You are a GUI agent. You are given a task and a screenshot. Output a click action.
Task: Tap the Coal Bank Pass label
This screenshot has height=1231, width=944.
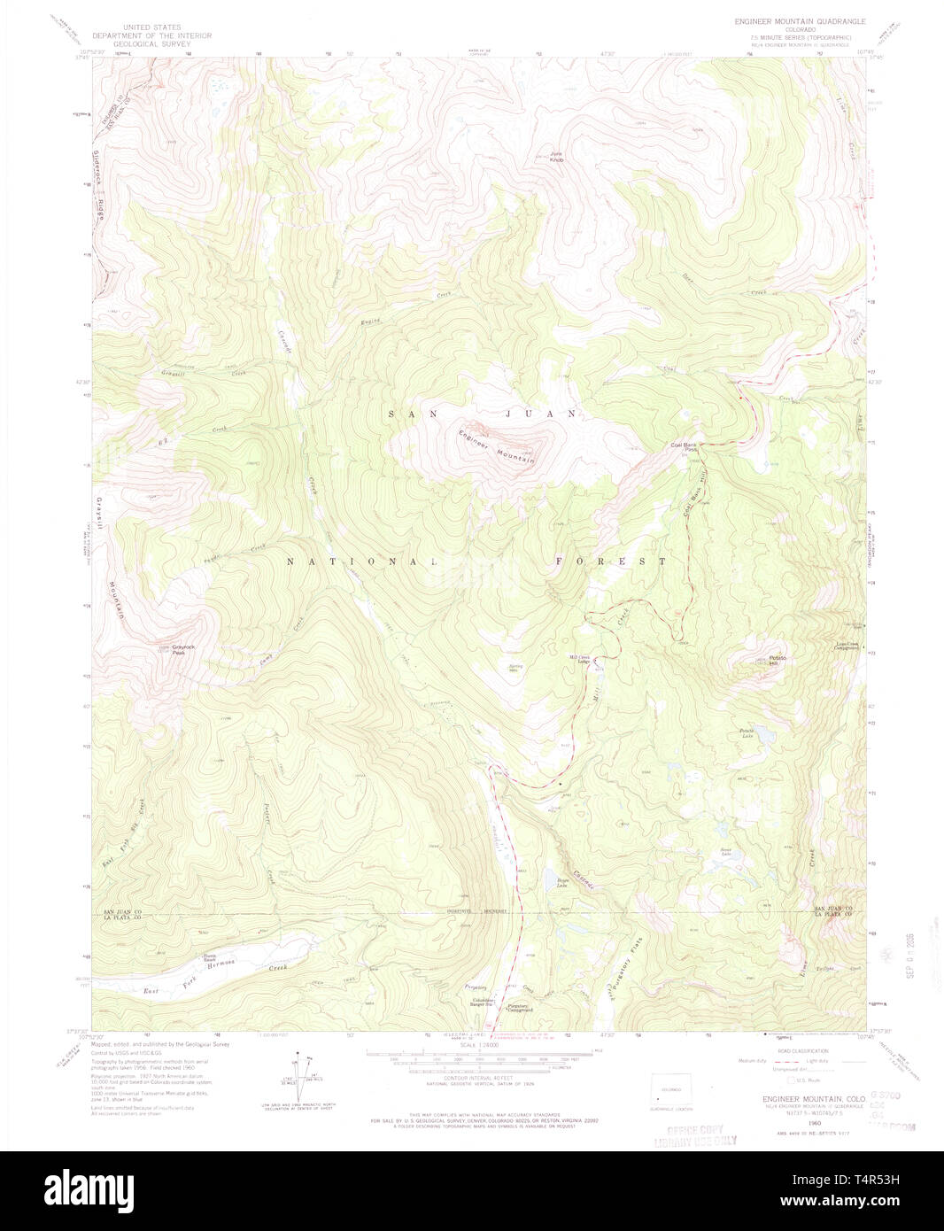(x=685, y=447)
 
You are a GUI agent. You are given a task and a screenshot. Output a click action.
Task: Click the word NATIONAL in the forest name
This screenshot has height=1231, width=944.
(x=362, y=561)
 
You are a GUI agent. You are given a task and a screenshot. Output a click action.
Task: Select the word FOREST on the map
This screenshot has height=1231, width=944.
(x=611, y=561)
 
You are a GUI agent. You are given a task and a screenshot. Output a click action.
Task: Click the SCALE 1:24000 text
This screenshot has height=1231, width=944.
(x=477, y=1046)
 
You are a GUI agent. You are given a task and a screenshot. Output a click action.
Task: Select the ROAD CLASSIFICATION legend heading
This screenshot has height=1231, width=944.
(x=802, y=1050)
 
